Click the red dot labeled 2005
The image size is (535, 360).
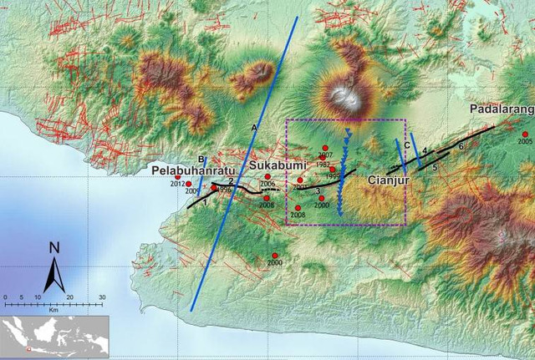pyautogui.click(x=525, y=134)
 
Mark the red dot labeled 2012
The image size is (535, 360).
pyautogui.click(x=189, y=184)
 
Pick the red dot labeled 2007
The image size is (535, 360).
pyautogui.click(x=325, y=149)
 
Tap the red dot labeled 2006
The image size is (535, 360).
pyautogui.click(x=267, y=176)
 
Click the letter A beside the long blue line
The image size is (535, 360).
pyautogui.click(x=254, y=126)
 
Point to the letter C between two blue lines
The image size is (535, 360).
pyautogui.click(x=406, y=145)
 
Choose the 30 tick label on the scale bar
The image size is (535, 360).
pyautogui.click(x=102, y=297)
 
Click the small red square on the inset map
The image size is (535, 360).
pyautogui.click(x=28, y=349)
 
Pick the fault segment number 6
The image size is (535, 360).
pyautogui.click(x=461, y=146)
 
